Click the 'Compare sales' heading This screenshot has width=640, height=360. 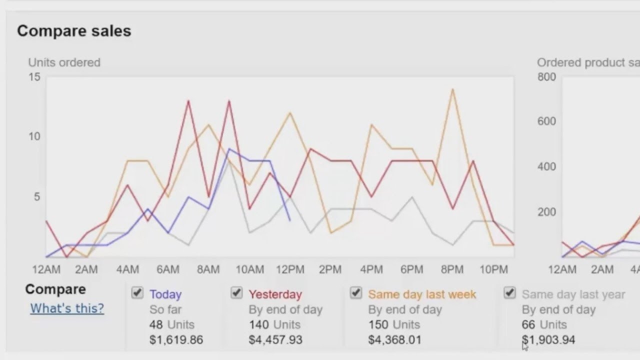[74, 31]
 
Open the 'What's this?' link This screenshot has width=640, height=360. [67, 308]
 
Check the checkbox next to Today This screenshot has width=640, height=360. [137, 293]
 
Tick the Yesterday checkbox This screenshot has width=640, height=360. [236, 293]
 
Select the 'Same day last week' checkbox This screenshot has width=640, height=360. [355, 293]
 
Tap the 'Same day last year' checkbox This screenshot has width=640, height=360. [509, 293]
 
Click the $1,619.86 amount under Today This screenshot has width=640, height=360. [176, 340]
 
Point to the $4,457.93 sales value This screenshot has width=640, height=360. [275, 340]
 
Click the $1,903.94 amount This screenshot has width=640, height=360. [548, 340]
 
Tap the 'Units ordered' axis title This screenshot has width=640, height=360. [64, 62]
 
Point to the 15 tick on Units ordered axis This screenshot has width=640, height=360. [34, 77]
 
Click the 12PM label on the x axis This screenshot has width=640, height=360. [290, 270]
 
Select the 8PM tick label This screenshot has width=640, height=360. [452, 270]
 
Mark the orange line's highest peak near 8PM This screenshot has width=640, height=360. [452, 89]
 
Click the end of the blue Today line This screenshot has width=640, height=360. [289, 220]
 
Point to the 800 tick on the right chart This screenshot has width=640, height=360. [546, 77]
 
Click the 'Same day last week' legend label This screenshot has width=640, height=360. [422, 294]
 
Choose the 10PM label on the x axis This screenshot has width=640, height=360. [493, 270]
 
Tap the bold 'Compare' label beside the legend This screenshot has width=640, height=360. [55, 289]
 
